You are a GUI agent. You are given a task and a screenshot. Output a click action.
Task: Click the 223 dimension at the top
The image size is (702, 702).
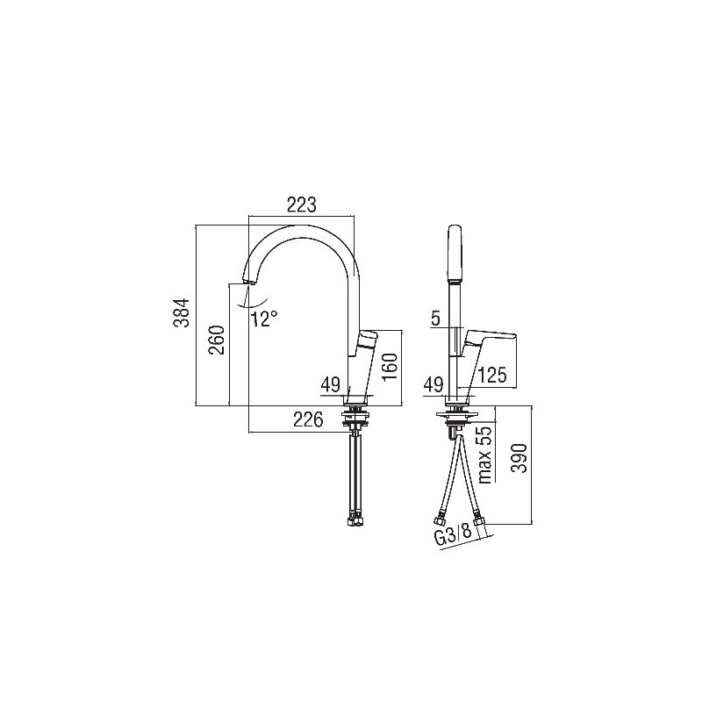click(301, 204)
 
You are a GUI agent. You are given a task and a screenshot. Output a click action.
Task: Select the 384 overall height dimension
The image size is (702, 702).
click(182, 313)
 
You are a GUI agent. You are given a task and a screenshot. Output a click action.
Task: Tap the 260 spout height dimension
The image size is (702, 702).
click(217, 340)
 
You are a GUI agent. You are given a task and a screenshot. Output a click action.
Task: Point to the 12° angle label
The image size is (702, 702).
click(264, 319)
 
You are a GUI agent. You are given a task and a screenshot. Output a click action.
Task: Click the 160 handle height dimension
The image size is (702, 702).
click(390, 367)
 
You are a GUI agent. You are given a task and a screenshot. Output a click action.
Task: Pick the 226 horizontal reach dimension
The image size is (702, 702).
click(308, 419)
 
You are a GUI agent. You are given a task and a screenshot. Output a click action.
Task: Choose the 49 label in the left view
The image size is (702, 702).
click(331, 384)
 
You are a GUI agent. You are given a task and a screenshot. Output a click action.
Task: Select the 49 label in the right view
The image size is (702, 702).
click(433, 384)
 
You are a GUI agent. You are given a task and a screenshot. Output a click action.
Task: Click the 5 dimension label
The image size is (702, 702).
click(435, 319)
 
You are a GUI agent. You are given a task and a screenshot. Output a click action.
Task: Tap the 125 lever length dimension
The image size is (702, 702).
click(492, 376)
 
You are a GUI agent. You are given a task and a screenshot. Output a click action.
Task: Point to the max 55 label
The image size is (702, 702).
click(485, 455)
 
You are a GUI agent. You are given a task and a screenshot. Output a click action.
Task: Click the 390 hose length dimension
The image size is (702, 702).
click(519, 458)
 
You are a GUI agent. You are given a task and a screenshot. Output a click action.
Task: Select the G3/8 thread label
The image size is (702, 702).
click(453, 534)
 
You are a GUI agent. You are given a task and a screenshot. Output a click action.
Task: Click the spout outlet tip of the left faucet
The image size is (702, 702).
click(248, 281)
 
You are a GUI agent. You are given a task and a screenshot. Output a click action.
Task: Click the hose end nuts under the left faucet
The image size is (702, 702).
click(356, 522)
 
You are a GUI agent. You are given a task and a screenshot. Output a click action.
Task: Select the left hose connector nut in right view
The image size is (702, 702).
click(438, 520)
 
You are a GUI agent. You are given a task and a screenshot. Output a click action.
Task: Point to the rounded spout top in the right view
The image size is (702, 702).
click(455, 253)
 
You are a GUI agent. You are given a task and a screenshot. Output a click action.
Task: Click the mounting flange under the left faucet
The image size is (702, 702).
click(355, 414)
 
